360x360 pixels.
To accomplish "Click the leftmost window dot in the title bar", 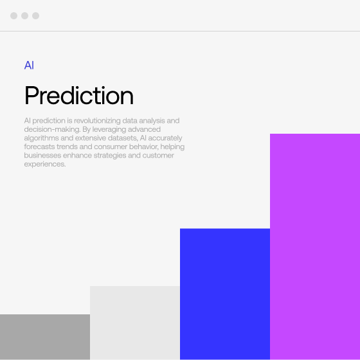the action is click(14, 15).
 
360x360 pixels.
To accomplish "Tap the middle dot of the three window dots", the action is click(25, 15).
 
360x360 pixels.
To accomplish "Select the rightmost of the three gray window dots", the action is click(35, 15).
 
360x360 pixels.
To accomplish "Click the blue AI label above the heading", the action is click(29, 65).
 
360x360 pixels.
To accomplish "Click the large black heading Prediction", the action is click(79, 96).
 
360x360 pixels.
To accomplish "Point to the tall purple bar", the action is click(315, 247).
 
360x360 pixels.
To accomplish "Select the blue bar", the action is click(225, 294).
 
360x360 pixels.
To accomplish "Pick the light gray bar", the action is click(135, 323).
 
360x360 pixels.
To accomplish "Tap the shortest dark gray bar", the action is click(45, 337).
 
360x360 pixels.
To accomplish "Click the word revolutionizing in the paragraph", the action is click(97, 121).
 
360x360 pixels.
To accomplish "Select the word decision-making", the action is click(52, 129).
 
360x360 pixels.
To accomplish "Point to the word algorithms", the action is click(42, 138).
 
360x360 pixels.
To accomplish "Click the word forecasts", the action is click(39, 147).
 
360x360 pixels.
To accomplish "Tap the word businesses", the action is click(42, 156).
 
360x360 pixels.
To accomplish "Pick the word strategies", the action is click(110, 156).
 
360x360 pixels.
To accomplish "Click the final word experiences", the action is click(45, 165).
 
